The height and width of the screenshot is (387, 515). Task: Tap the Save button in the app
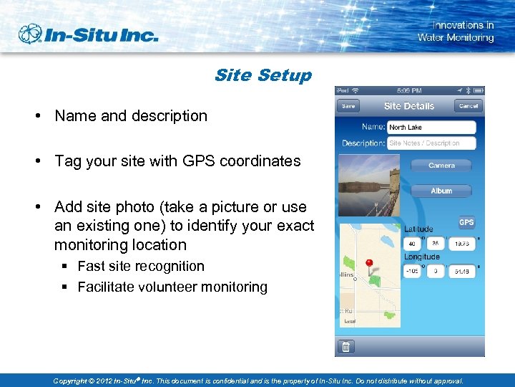[x=348, y=106]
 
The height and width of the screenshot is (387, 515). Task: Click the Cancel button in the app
[x=468, y=106]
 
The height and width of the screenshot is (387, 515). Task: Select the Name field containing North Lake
[x=431, y=127]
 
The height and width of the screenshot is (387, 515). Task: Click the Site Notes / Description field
[x=431, y=143]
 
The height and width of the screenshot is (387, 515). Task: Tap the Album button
[x=441, y=191]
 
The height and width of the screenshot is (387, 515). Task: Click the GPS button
[x=466, y=223]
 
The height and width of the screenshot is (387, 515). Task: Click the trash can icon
[x=345, y=347]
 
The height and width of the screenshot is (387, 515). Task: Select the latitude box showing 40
[x=413, y=244]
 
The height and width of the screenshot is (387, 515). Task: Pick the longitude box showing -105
[x=413, y=272]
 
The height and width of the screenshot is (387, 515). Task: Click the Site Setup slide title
[x=263, y=75]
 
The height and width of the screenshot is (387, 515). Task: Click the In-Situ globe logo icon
[x=31, y=34]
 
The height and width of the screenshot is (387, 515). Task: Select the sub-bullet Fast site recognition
[x=141, y=267]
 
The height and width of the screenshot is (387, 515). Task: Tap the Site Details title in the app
[x=408, y=106]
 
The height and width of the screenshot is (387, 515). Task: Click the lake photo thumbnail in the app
[x=369, y=186]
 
